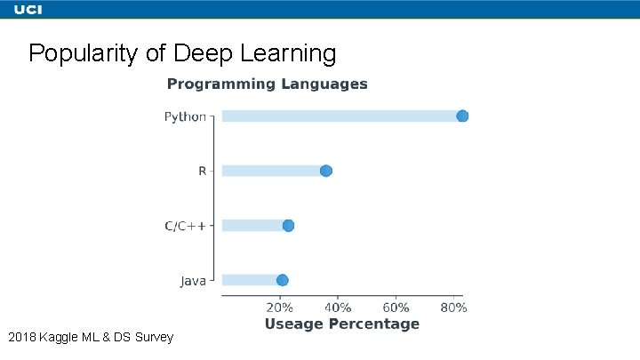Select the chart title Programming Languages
[267, 84]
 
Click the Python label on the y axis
[185, 116]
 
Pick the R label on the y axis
[202, 171]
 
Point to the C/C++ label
[185, 226]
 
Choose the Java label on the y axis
[193, 281]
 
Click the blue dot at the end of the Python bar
[462, 116]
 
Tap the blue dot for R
[326, 171]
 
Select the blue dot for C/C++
[288, 226]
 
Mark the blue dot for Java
[283, 280]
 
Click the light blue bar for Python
[338, 116]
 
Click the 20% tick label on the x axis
[280, 308]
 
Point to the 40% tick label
[338, 308]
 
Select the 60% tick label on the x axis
[396, 308]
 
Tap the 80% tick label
[453, 308]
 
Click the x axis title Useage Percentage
[341, 324]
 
